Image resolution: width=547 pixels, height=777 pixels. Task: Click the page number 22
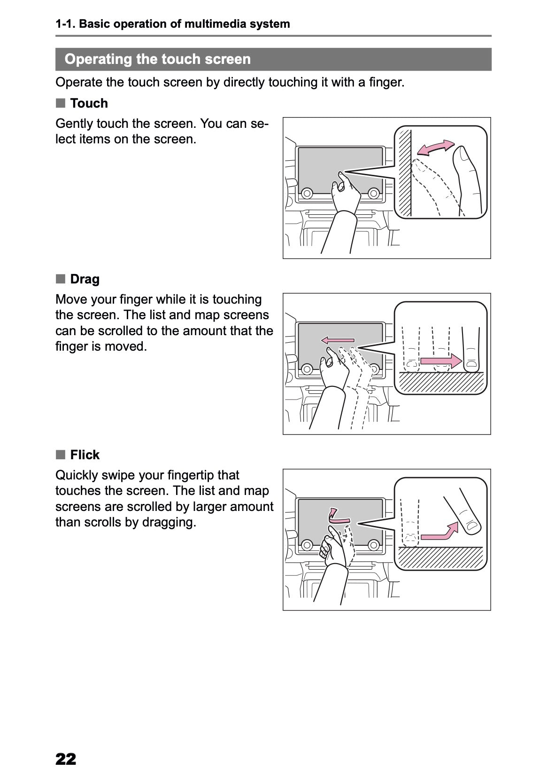[66, 759]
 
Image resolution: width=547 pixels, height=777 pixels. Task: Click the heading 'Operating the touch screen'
[158, 59]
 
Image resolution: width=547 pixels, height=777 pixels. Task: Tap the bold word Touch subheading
[89, 103]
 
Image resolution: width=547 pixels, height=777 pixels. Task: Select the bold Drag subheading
[85, 279]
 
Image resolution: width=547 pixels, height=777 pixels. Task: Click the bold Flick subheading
[85, 455]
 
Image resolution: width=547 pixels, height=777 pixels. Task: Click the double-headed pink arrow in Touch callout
[436, 148]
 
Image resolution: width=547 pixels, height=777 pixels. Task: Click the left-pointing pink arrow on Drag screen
[338, 340]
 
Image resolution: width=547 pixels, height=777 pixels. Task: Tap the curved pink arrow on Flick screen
[337, 516]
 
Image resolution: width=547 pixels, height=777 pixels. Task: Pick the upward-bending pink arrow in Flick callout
[440, 531]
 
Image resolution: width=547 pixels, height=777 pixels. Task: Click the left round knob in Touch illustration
[307, 193]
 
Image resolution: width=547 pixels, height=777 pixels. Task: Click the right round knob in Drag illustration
[373, 369]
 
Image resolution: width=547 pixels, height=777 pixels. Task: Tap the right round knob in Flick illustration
[373, 545]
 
